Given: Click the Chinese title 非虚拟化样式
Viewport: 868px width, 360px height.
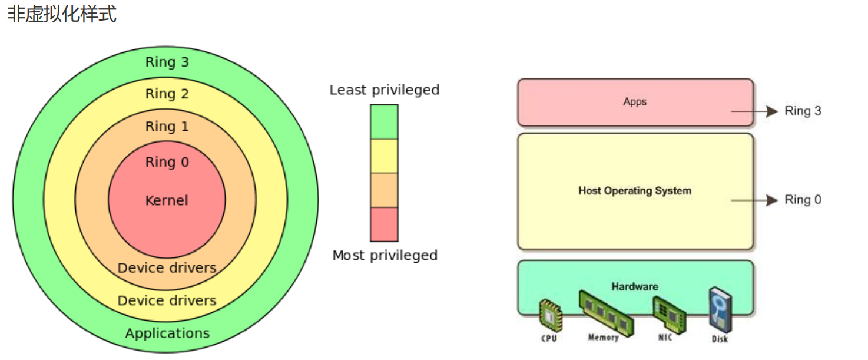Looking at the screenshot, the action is click(x=62, y=14).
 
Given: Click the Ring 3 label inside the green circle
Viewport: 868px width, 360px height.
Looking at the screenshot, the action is click(x=167, y=62).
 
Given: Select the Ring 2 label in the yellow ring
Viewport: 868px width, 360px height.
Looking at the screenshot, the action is click(x=167, y=94).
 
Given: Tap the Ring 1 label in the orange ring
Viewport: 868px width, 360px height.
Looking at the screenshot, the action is click(x=167, y=126).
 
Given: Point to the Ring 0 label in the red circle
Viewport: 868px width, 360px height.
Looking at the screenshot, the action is click(x=167, y=162).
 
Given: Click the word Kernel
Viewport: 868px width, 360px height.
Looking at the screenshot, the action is click(x=167, y=200).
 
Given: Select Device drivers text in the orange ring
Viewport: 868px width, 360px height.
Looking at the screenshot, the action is click(x=167, y=267).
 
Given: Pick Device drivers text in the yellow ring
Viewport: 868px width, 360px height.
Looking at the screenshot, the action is click(x=167, y=300).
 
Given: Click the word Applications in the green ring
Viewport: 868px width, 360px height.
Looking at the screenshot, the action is click(x=167, y=333).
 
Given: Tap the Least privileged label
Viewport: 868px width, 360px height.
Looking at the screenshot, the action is click(x=385, y=90).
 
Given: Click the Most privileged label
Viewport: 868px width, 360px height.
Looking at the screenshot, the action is click(x=385, y=255).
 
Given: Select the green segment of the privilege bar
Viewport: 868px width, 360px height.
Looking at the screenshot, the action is click(x=384, y=122).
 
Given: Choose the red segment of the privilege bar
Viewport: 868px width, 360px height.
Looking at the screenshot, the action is click(x=384, y=224).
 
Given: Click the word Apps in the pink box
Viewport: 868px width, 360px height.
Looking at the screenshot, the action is click(x=635, y=102).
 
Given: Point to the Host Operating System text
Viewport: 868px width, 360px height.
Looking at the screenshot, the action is click(x=635, y=191).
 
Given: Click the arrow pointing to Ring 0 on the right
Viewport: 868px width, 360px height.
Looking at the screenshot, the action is click(x=754, y=200).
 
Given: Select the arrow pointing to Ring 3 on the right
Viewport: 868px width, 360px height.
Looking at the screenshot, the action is click(x=754, y=111).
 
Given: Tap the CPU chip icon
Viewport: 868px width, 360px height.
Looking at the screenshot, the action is click(x=551, y=316).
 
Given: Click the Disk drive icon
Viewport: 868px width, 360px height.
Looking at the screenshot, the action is click(x=720, y=310).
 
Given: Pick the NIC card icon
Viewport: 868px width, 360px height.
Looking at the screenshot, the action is click(x=669, y=315).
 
